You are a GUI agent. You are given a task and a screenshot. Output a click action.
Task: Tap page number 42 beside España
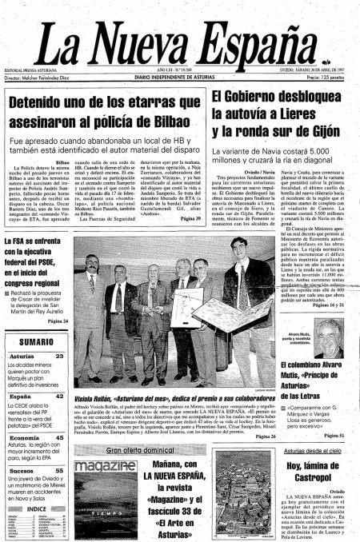click(x=61, y=396)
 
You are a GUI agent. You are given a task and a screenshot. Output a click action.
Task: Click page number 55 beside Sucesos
click(x=61, y=472)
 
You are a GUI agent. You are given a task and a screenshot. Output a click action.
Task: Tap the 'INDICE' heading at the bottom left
click(x=36, y=508)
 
